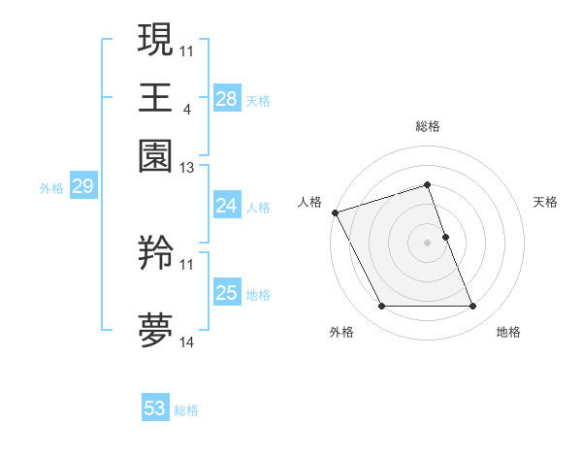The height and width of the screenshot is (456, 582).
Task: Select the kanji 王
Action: tap(155, 97)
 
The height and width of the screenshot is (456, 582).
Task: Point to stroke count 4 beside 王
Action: tap(186, 109)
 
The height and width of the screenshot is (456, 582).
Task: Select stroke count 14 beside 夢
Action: tap(186, 342)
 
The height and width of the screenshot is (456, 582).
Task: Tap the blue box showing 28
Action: tap(226, 98)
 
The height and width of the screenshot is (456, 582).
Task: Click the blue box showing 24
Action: tap(226, 206)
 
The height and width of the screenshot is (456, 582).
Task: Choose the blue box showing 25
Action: tap(226, 293)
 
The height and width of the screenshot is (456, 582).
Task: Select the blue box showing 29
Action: tap(82, 186)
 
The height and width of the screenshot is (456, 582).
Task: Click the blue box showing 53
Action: tap(155, 408)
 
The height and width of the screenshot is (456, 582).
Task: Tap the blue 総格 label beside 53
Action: tap(186, 410)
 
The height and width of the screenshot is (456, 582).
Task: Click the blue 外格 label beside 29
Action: tap(51, 188)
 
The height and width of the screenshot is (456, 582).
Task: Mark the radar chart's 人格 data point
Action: tap(335, 212)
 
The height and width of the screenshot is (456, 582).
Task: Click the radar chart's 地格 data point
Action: tap(472, 307)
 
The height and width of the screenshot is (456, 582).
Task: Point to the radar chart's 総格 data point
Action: tap(427, 184)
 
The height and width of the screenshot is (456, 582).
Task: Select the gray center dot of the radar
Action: tap(427, 243)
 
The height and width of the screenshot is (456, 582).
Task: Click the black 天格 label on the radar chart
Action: tap(545, 202)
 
